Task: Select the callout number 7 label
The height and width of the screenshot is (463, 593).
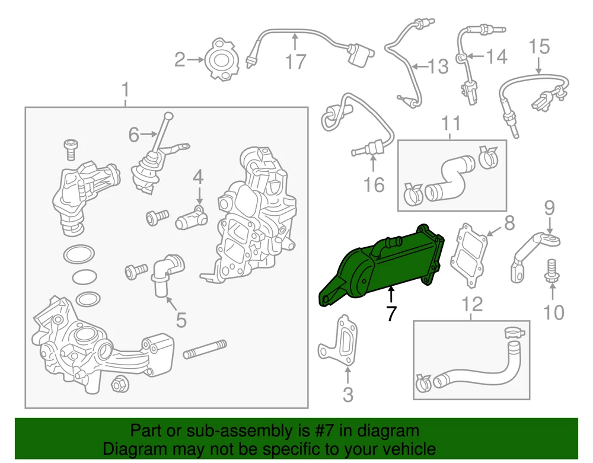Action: (391, 314)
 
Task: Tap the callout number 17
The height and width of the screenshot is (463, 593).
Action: (295, 61)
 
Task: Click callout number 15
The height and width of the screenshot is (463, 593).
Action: (539, 46)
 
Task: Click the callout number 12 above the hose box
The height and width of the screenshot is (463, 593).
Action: (473, 304)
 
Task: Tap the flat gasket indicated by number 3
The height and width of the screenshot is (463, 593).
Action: (339, 341)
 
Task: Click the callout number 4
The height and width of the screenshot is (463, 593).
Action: (198, 177)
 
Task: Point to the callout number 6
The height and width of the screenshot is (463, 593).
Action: (134, 135)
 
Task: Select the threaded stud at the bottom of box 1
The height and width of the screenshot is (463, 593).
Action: (205, 349)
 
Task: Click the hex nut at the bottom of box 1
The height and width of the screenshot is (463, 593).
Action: (120, 385)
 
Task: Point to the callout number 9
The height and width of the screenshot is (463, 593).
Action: (550, 208)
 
